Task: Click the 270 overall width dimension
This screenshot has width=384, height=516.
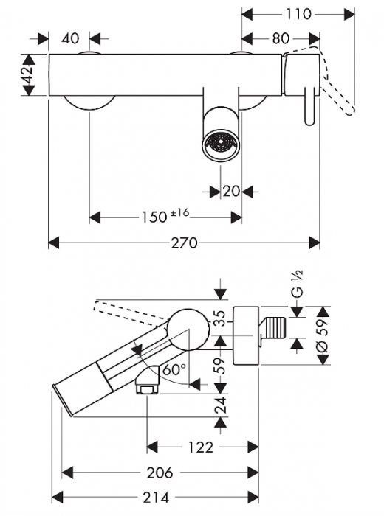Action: click(184, 243)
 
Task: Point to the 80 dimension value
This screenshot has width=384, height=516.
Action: click(280, 38)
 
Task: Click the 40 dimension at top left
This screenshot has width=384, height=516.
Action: click(71, 38)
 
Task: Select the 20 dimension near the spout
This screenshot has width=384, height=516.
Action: click(231, 191)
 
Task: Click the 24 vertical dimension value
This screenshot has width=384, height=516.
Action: click(220, 404)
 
